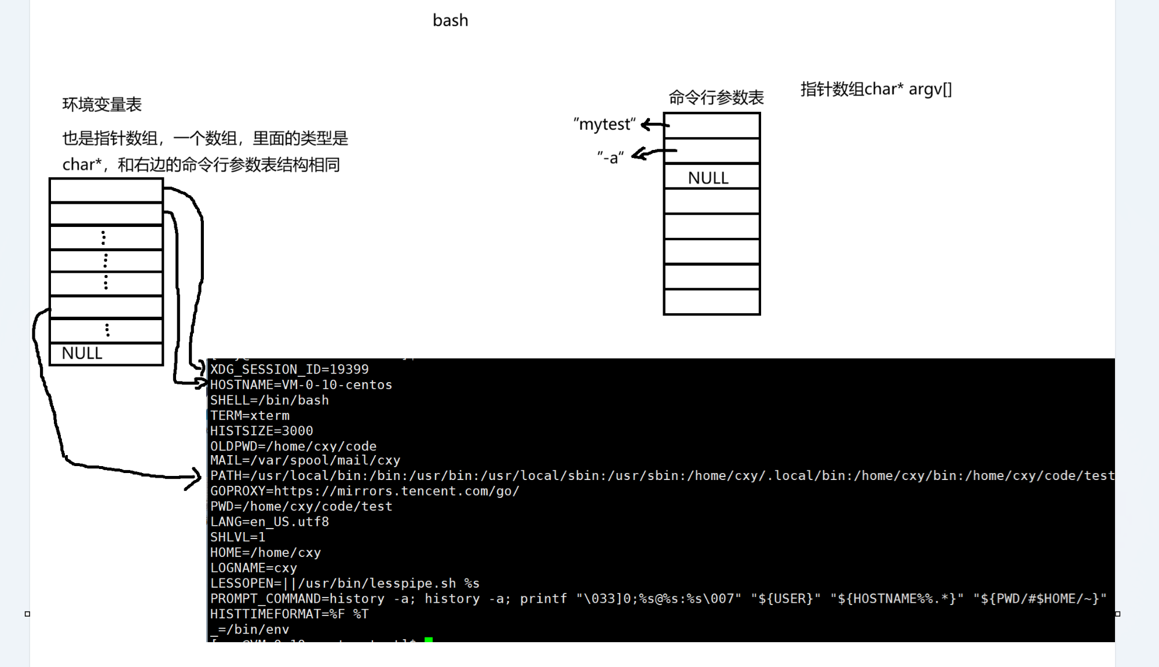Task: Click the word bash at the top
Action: [x=450, y=21]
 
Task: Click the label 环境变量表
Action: [x=102, y=105]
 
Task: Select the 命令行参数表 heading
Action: [x=716, y=97]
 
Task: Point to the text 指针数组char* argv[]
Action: [x=876, y=89]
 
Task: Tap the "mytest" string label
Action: [x=604, y=124]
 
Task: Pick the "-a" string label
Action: [x=610, y=157]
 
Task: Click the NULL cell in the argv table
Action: [x=711, y=177]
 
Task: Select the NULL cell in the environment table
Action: [x=106, y=354]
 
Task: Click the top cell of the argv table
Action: [x=711, y=126]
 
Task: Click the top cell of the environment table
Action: [x=106, y=190]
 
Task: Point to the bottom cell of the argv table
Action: [x=711, y=302]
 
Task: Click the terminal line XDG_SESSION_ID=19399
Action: [x=289, y=369]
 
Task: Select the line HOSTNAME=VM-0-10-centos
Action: [x=301, y=385]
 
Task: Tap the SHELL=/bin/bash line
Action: [x=269, y=400]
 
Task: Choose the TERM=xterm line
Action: [x=250, y=416]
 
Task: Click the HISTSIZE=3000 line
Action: [x=261, y=431]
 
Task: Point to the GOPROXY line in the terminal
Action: [x=364, y=491]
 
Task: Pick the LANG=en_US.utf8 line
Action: [x=269, y=522]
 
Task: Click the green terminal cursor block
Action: [x=429, y=639]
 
